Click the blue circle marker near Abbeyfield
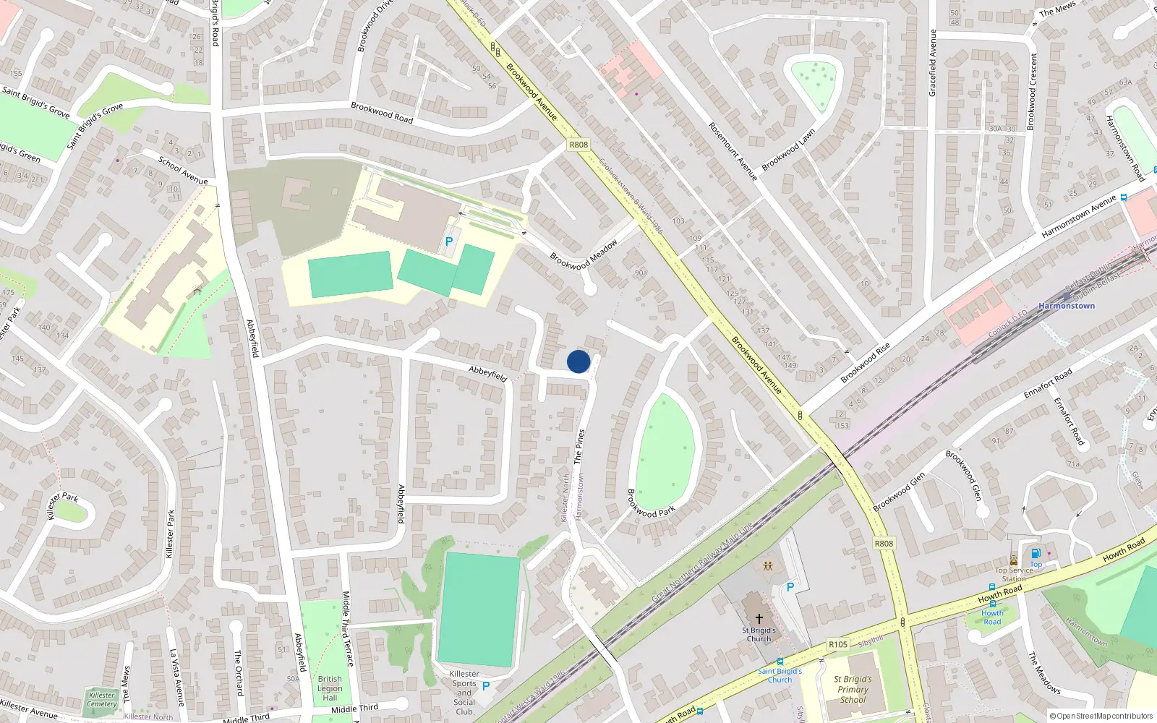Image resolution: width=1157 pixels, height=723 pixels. (x=578, y=361)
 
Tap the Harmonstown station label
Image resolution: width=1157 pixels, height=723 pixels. (x=1067, y=306)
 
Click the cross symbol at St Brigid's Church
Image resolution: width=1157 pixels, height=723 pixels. (x=759, y=619)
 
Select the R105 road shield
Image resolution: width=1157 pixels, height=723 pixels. (x=838, y=644)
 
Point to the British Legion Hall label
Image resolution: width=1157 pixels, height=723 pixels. (x=330, y=688)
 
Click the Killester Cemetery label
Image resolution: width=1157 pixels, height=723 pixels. (x=102, y=699)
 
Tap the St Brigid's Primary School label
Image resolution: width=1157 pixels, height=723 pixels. (x=853, y=689)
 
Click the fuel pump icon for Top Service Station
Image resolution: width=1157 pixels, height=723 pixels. (x=1036, y=554)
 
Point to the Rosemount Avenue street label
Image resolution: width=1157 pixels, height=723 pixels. (x=733, y=151)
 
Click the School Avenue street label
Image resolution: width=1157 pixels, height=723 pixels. (x=183, y=171)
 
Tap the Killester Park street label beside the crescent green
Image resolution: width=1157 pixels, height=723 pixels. (x=62, y=505)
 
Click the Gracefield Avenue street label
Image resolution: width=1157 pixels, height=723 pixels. (x=932, y=63)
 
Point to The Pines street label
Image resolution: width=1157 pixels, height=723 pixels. (x=579, y=446)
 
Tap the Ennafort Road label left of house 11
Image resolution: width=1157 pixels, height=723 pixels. (x=1048, y=384)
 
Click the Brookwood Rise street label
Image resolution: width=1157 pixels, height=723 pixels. (x=865, y=363)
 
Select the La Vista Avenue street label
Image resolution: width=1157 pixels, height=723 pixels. (x=177, y=677)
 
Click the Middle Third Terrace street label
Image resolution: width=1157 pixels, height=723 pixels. (x=348, y=628)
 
